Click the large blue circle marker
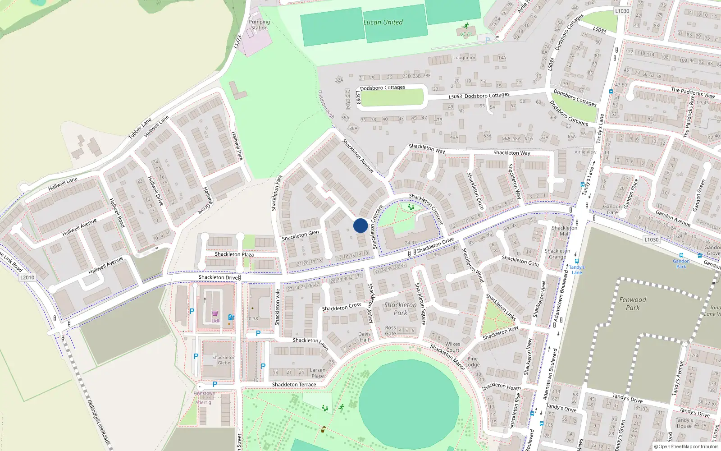pos(360,225)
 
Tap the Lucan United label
pos(383,22)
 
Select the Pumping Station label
pos(259,25)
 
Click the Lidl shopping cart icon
pos(215,313)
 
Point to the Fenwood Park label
pos(632,304)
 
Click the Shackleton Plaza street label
pos(234,254)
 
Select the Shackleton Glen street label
pos(300,235)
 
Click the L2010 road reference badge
pos(27,277)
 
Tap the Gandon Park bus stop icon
pos(681,255)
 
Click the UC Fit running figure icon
pos(466,26)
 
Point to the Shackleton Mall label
pos(564,231)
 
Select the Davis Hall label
pos(364,337)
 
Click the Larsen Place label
pos(317,373)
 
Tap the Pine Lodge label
pos(472,362)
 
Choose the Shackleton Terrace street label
pos(294,385)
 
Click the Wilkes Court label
pos(452,347)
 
